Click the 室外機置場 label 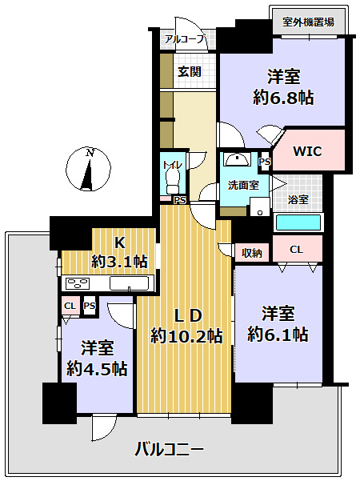click(x=309, y=22)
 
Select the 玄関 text click(x=189, y=71)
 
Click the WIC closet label click(x=307, y=151)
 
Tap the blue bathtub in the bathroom click(x=297, y=222)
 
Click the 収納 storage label click(x=252, y=253)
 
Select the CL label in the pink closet click(x=296, y=250)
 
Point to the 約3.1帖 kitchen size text click(x=118, y=261)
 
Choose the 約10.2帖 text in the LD click(x=186, y=336)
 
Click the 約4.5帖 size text click(x=97, y=368)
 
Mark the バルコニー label click(x=169, y=449)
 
